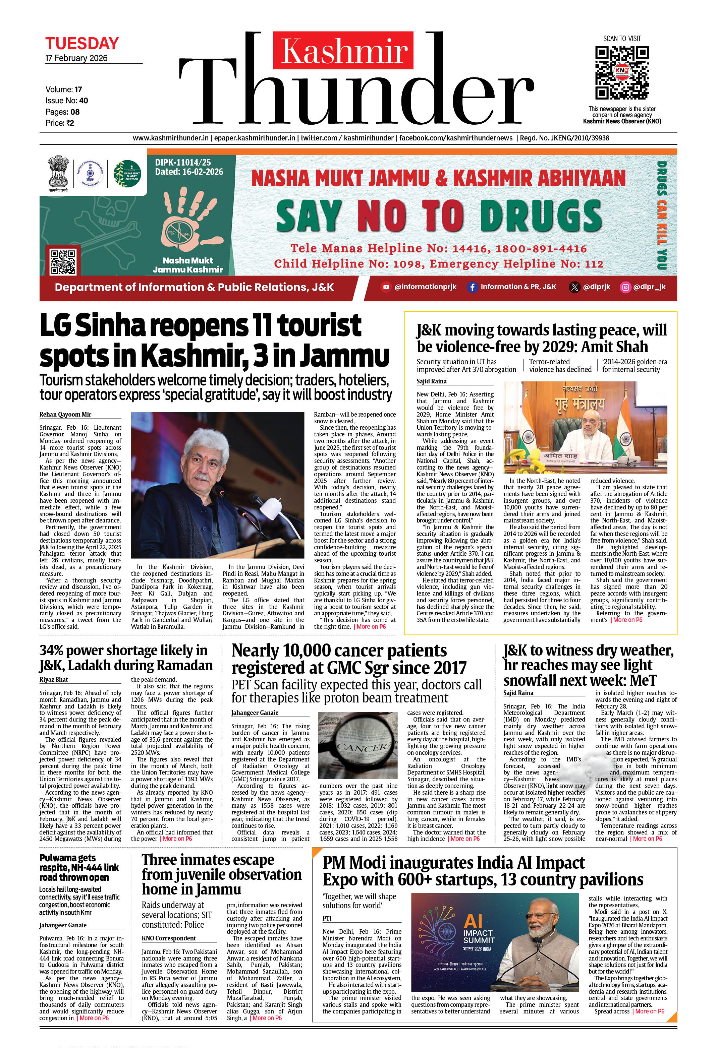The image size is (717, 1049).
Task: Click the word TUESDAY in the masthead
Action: click(x=82, y=44)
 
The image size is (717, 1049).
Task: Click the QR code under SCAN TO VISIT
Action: click(x=622, y=72)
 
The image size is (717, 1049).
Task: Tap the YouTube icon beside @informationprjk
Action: click(x=386, y=287)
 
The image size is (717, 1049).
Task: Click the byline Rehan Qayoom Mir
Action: click(x=65, y=414)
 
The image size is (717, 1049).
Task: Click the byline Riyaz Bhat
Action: click(x=54, y=679)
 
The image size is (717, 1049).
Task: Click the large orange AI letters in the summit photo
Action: click(x=473, y=921)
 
